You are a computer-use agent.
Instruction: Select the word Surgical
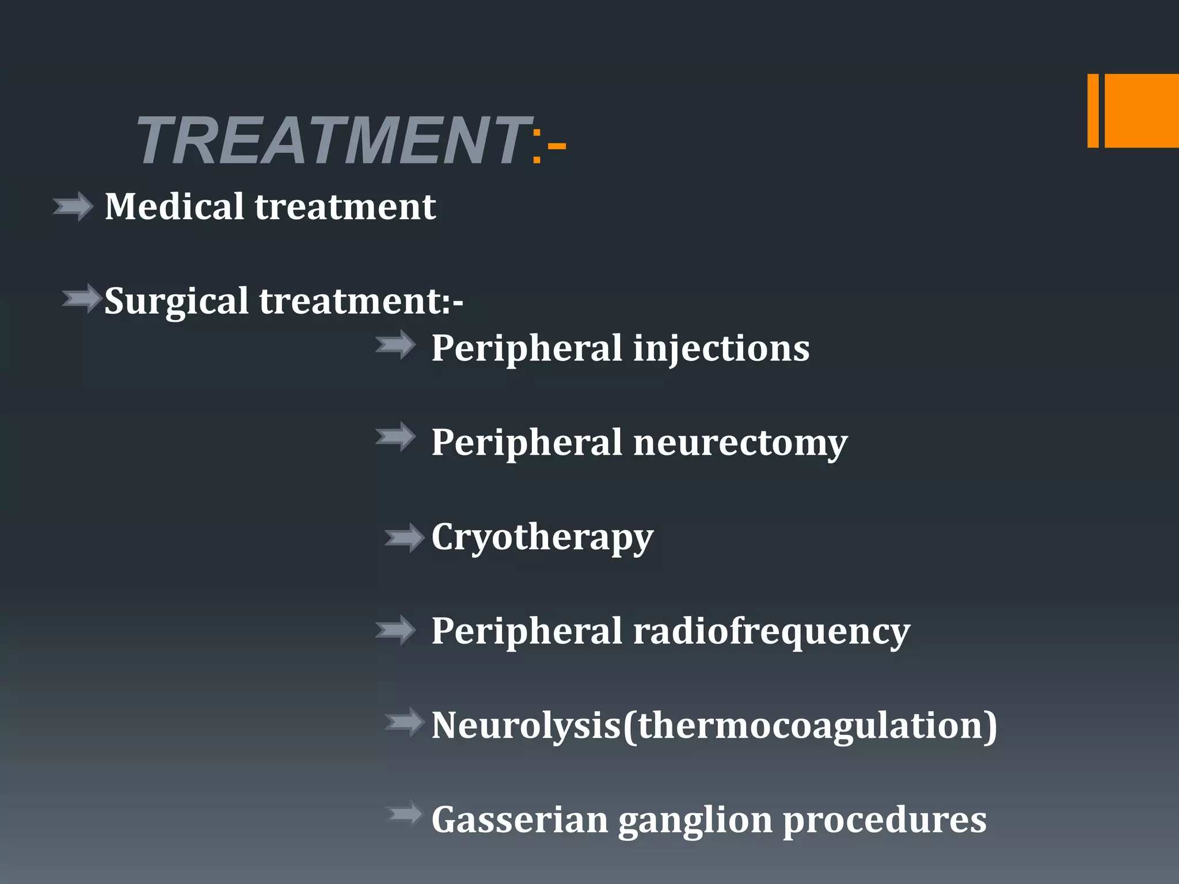tap(176, 302)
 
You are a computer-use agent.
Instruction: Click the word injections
tap(721, 349)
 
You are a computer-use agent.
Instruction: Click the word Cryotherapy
tap(542, 538)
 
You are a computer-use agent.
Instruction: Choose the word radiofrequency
tap(771, 631)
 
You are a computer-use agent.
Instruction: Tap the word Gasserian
tap(520, 820)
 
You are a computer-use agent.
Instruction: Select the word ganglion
tap(695, 821)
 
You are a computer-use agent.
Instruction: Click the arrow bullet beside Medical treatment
tap(73, 207)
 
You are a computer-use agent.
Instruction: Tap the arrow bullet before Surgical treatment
tap(82, 298)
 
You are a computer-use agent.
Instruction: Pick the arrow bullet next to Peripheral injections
tap(395, 345)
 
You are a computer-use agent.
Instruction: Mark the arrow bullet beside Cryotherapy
tap(404, 538)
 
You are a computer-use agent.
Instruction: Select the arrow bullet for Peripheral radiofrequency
tap(395, 630)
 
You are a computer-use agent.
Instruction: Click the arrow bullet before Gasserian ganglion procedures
tap(405, 814)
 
